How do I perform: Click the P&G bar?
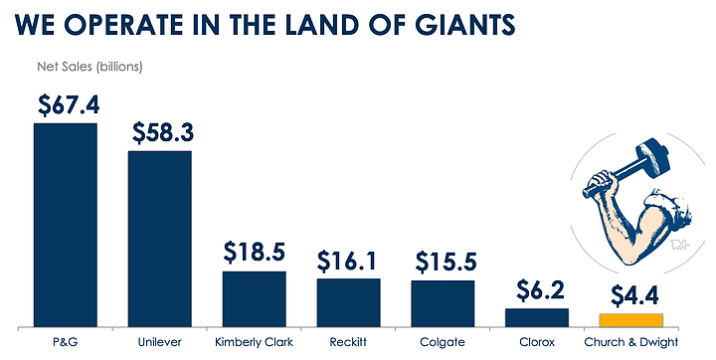[66, 225]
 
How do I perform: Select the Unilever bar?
[160, 239]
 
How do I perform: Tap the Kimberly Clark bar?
[255, 299]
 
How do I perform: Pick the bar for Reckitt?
[348, 303]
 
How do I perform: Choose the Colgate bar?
[443, 303]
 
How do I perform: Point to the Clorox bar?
[537, 317]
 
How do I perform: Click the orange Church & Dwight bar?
[631, 320]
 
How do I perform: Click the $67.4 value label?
[69, 105]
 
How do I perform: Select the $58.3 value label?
[163, 132]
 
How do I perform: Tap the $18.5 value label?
[255, 253]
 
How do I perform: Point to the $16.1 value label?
[347, 261]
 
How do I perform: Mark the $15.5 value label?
[446, 262]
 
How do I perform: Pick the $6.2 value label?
[540, 290]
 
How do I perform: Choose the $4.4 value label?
[634, 296]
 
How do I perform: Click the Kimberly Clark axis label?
[254, 342]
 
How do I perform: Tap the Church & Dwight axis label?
[631, 342]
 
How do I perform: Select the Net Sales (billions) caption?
[89, 67]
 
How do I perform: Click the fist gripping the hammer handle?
[601, 183]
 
